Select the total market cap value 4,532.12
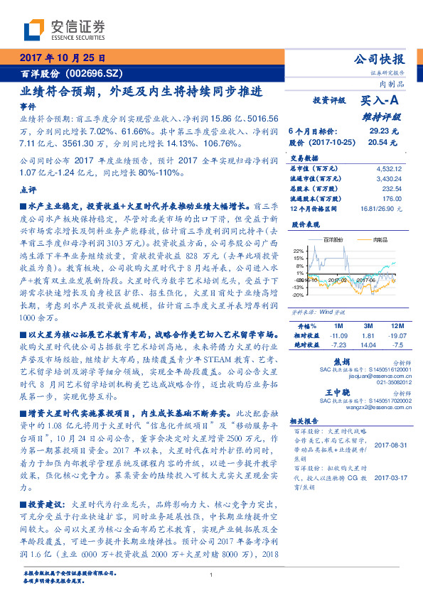click(388, 168)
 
